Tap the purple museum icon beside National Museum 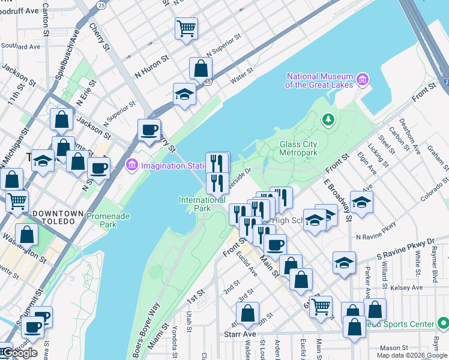[x=363, y=79]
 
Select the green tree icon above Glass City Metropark [x=328, y=120]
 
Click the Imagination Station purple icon [x=132, y=164]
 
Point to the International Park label [x=202, y=204]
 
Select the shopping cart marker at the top [x=186, y=28]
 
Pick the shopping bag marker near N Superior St [x=200, y=68]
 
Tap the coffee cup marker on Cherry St [x=149, y=130]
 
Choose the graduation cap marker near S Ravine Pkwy [x=344, y=263]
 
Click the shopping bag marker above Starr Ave [x=247, y=313]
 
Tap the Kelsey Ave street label [x=410, y=288]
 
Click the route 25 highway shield [x=101, y=5]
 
